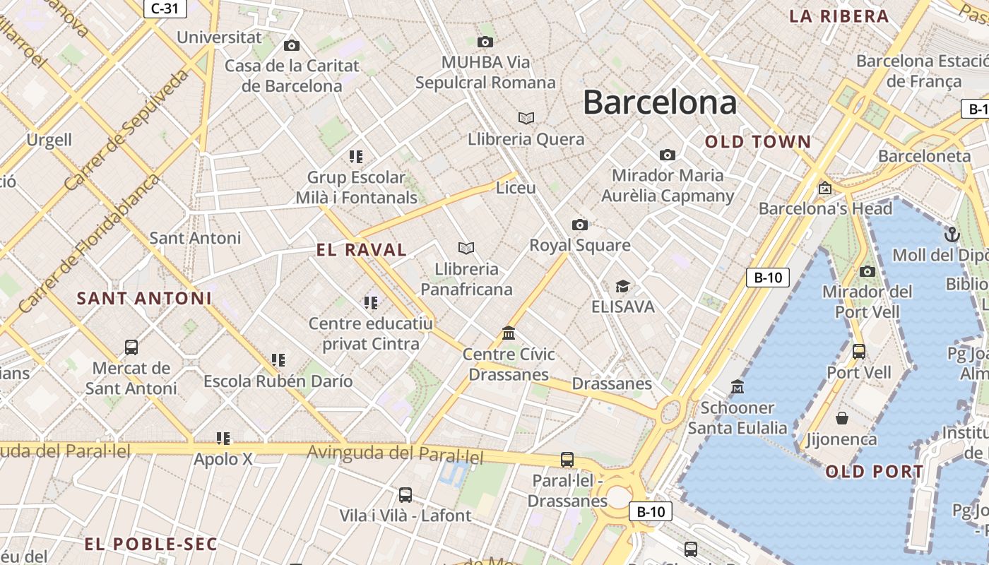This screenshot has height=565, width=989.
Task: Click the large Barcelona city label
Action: [660, 103]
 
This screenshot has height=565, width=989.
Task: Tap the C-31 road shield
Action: [165, 8]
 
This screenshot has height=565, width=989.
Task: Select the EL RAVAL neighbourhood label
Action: [361, 249]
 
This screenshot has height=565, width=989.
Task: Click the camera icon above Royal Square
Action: [580, 225]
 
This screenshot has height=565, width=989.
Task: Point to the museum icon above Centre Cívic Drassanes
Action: [509, 333]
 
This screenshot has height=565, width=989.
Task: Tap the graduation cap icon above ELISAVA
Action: [622, 286]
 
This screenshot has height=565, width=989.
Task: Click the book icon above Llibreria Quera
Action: [526, 118]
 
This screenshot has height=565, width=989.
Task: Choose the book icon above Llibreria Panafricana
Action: [466, 248]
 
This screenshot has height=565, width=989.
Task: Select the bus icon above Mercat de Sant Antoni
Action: [131, 347]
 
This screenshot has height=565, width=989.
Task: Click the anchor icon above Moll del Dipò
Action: [952, 233]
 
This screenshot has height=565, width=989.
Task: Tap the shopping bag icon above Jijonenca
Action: [841, 418]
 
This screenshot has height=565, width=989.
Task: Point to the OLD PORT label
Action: [875, 471]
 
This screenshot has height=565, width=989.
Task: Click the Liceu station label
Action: [516, 188]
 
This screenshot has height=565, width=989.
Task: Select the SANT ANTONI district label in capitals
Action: [144, 298]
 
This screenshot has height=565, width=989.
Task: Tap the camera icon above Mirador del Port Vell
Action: [867, 271]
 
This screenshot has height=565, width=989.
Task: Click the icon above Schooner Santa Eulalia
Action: [738, 386]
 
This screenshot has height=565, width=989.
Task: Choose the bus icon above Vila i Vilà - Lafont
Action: [405, 495]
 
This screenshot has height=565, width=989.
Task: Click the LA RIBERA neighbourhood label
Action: [839, 16]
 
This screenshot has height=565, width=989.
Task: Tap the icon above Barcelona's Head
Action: [824, 188]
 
